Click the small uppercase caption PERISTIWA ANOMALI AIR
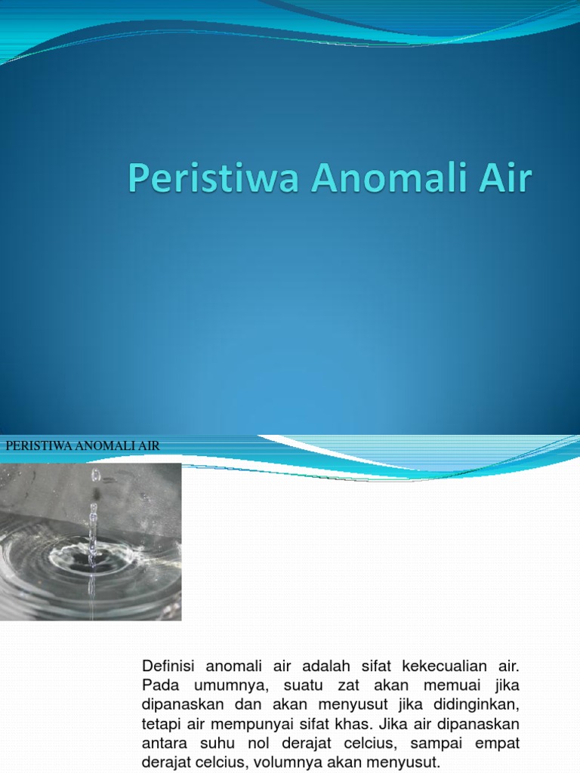click(82, 446)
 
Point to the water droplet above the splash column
click(95, 475)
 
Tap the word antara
click(164, 743)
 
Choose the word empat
click(497, 743)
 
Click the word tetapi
click(161, 724)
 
